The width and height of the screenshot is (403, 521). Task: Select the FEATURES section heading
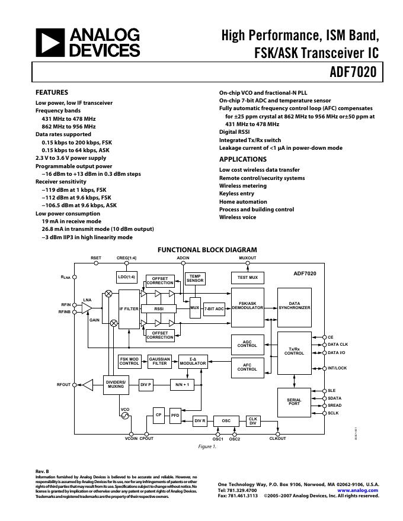52,92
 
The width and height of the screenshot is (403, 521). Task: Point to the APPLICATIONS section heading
243,159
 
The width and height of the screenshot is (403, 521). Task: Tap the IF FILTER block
129,309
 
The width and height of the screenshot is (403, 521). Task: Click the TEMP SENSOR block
195,278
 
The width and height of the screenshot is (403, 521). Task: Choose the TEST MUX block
247,278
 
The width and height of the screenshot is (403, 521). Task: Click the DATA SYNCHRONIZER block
295,307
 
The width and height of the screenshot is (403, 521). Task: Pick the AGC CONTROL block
247,343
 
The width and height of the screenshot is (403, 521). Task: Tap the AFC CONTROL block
247,367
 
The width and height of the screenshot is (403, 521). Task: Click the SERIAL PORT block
294,402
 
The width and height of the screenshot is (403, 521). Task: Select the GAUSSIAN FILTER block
159,362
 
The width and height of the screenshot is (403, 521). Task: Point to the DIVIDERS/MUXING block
116,384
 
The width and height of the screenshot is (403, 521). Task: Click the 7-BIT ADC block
214,309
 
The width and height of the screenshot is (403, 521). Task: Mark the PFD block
175,415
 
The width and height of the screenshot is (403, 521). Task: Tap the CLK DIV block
253,421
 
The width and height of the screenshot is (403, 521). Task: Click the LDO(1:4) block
127,277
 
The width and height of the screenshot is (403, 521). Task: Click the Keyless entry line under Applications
236,194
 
